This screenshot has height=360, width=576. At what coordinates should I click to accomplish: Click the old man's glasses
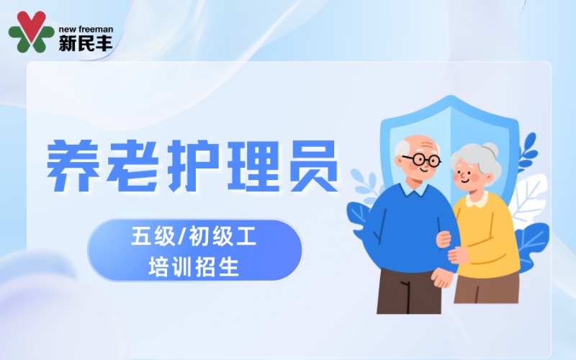click(x=420, y=159)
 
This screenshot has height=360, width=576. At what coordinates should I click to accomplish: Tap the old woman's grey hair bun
click(x=490, y=150)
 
